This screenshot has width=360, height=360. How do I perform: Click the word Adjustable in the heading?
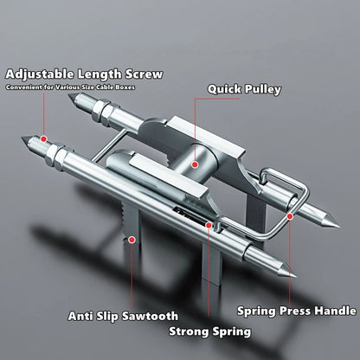click(x=40, y=74)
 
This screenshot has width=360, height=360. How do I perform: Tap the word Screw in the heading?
click(x=145, y=74)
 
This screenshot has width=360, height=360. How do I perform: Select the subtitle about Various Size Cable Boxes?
click(x=70, y=87)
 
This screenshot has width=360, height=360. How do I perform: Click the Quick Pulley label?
click(x=244, y=89)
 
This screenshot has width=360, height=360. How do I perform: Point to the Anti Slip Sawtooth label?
click(x=123, y=316)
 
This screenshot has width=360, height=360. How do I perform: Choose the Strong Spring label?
click(x=209, y=331)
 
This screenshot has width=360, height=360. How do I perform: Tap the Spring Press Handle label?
click(x=297, y=311)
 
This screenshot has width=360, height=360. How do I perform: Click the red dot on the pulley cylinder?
click(x=195, y=164)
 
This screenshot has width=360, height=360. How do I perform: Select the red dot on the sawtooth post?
click(x=132, y=240)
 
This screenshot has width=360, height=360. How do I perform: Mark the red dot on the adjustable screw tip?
click(x=43, y=139)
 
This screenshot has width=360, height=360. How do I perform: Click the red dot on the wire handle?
click(x=290, y=216)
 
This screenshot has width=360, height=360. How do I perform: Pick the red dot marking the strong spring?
click(x=209, y=225)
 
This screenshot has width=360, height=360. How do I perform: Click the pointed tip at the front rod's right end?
click(x=295, y=276)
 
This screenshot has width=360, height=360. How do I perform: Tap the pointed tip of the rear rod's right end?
click(x=338, y=226)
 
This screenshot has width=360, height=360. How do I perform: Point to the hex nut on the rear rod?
click(x=100, y=111)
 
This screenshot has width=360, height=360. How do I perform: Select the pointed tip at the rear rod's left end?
click(x=68, y=95)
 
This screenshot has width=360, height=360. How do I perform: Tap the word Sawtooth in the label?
click(x=150, y=316)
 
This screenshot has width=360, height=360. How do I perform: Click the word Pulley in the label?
click(x=262, y=89)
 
